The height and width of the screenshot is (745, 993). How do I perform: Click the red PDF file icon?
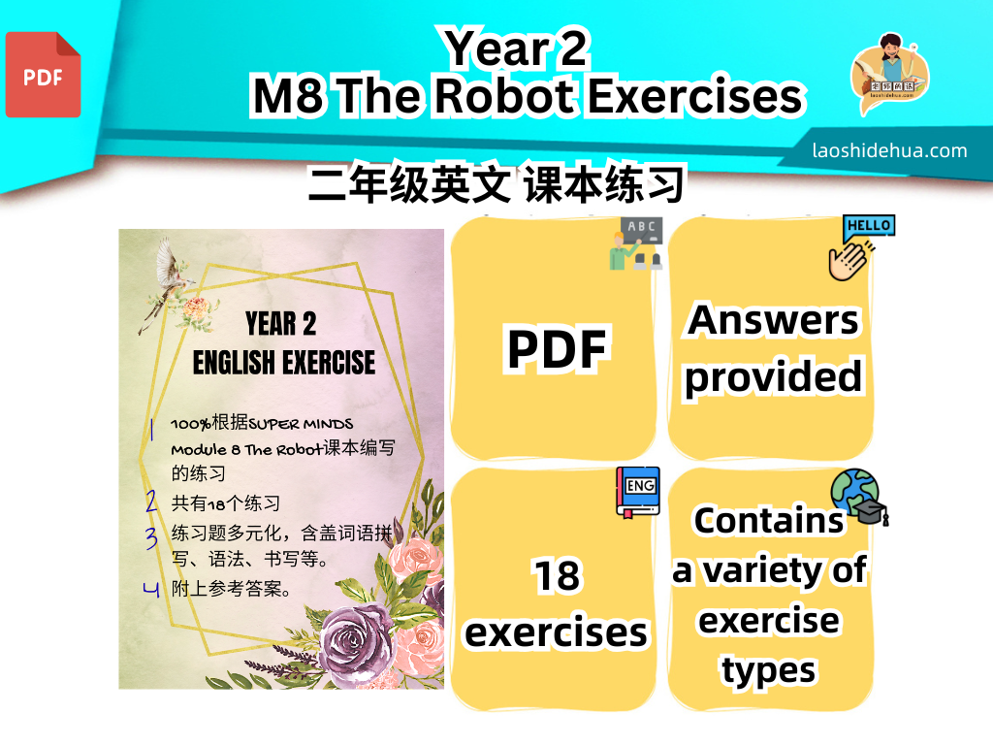point(43,75)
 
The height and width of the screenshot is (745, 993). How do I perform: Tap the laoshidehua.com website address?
point(889,150)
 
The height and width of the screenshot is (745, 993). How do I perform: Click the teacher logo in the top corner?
point(889,74)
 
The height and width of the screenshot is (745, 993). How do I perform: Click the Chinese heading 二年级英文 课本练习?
point(496,184)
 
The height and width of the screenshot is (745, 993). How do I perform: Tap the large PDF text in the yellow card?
point(557,348)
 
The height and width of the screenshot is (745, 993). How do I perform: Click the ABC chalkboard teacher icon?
point(636,243)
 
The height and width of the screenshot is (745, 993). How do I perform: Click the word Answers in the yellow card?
point(773,320)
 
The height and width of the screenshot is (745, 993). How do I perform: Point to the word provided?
point(773,378)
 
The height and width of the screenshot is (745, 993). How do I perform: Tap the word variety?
point(762,570)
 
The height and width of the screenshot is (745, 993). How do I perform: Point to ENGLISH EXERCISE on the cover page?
point(284,363)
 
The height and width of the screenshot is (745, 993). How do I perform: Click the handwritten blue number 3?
point(150,537)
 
